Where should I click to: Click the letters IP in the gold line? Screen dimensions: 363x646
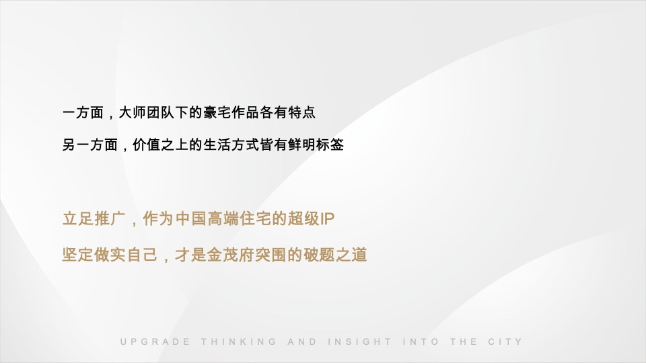click(x=328, y=219)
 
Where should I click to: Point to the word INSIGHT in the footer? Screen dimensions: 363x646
click(x=359, y=341)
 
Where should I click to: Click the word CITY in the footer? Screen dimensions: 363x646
click(x=505, y=341)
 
